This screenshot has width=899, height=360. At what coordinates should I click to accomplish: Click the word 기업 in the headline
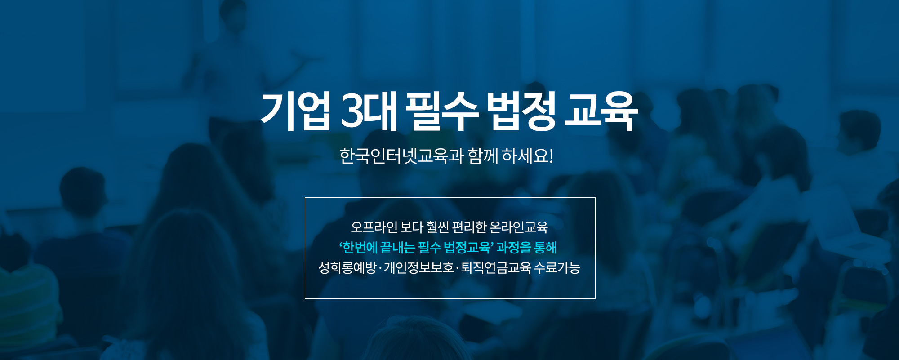click(x=295, y=111)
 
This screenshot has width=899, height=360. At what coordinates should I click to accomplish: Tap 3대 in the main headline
click(x=369, y=111)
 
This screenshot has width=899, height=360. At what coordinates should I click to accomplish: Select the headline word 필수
click(x=441, y=111)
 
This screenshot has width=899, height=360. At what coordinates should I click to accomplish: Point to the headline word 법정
click(x=521, y=111)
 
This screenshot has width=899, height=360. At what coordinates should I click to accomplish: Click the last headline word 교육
click(x=601, y=111)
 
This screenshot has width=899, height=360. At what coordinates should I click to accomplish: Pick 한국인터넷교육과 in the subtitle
click(x=401, y=156)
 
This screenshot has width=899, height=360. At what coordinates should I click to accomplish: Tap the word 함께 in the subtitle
click(x=483, y=156)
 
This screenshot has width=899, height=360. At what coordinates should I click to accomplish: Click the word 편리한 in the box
click(x=469, y=227)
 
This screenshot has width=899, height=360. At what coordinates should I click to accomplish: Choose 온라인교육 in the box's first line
click(x=519, y=227)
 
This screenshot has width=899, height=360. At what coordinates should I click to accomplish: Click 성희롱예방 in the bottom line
click(x=347, y=268)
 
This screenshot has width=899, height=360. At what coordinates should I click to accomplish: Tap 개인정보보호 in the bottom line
click(x=419, y=268)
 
